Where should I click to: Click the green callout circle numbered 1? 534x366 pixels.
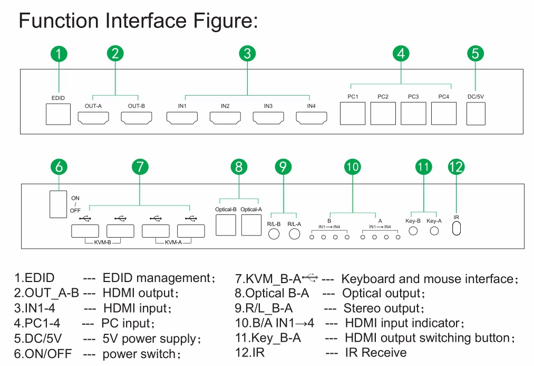(x=59, y=53)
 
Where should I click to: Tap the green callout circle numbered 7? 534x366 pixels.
(x=139, y=167)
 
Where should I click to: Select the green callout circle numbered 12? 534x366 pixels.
(x=456, y=167)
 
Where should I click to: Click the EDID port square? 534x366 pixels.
(x=58, y=114)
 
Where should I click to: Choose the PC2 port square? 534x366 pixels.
(x=383, y=113)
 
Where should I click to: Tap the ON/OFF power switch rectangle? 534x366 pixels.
(x=56, y=203)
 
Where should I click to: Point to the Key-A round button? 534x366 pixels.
(x=434, y=231)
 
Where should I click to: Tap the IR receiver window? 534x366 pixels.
(x=457, y=228)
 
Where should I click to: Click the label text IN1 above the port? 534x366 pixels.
(x=182, y=106)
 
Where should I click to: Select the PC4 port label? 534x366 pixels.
(x=444, y=97)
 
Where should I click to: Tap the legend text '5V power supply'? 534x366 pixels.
(x=152, y=339)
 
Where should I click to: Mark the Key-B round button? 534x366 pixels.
(x=413, y=231)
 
